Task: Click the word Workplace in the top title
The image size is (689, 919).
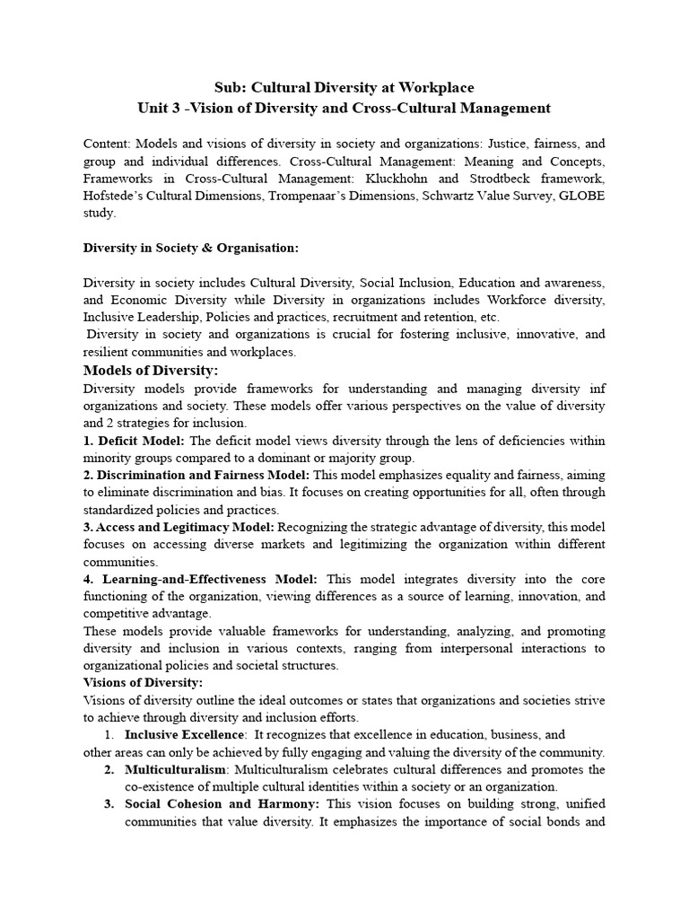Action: coord(432,87)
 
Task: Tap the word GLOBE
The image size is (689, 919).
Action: coord(580,195)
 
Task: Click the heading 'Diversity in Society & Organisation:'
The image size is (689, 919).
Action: coord(191,247)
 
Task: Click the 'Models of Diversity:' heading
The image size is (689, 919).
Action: coord(151,371)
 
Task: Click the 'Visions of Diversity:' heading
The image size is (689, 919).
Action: coord(144,683)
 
